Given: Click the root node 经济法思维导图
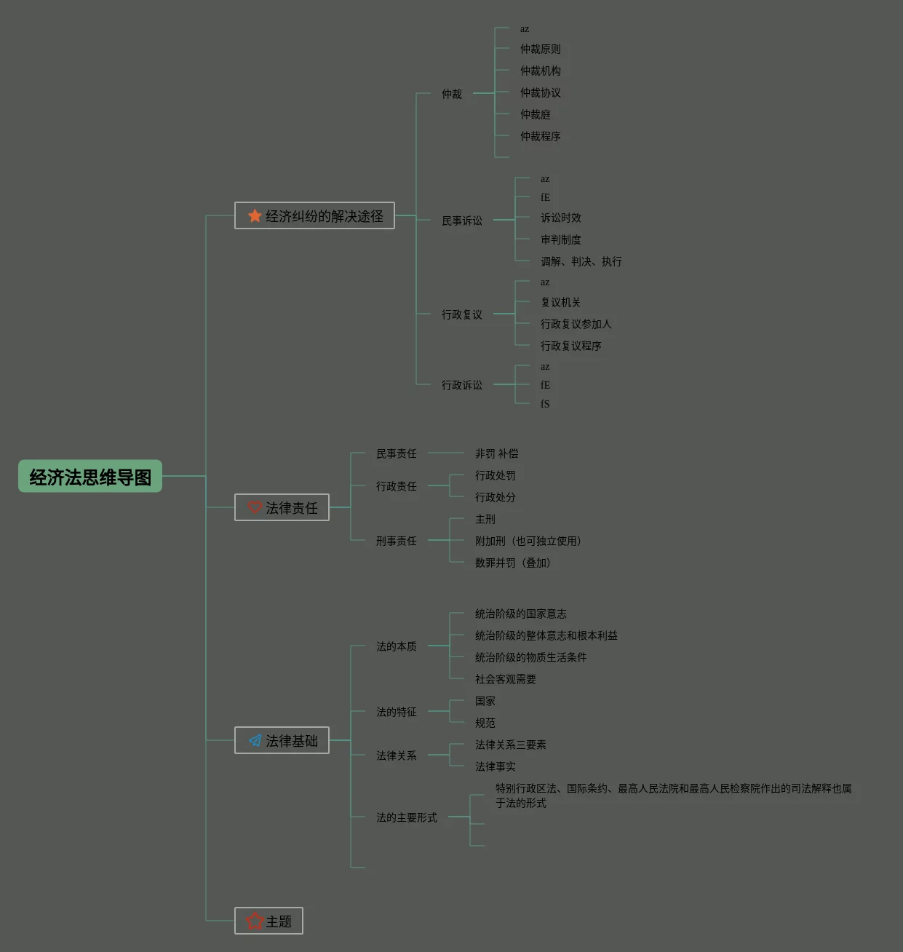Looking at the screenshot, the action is tap(90, 477).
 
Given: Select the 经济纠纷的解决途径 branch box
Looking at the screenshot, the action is tap(315, 216).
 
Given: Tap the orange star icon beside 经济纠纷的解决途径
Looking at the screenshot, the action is tap(255, 216).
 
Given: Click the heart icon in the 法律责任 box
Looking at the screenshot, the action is tap(255, 507).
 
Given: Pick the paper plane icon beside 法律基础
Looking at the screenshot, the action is tap(255, 741).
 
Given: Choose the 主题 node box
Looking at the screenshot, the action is tap(268, 921).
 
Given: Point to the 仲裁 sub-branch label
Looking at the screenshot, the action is tap(452, 94).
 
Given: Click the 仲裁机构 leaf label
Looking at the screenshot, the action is tap(541, 71).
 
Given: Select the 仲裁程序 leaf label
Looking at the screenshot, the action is tap(541, 136).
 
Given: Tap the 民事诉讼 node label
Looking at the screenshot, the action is tap(462, 221).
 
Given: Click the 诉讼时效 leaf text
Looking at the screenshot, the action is tap(561, 218).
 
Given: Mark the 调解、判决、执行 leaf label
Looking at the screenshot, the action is tap(581, 261).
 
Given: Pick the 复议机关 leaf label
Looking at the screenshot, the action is tap(561, 302).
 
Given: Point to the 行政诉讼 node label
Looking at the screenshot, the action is tap(462, 385).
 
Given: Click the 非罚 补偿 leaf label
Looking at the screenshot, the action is tap(497, 453).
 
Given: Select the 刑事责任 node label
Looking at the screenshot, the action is tap(397, 541).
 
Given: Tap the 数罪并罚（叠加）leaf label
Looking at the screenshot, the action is tap(513, 563).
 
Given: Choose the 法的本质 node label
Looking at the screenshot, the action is tap(397, 646).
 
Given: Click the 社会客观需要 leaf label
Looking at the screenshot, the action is tap(506, 679).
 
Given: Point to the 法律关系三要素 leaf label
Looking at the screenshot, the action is tap(511, 745).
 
